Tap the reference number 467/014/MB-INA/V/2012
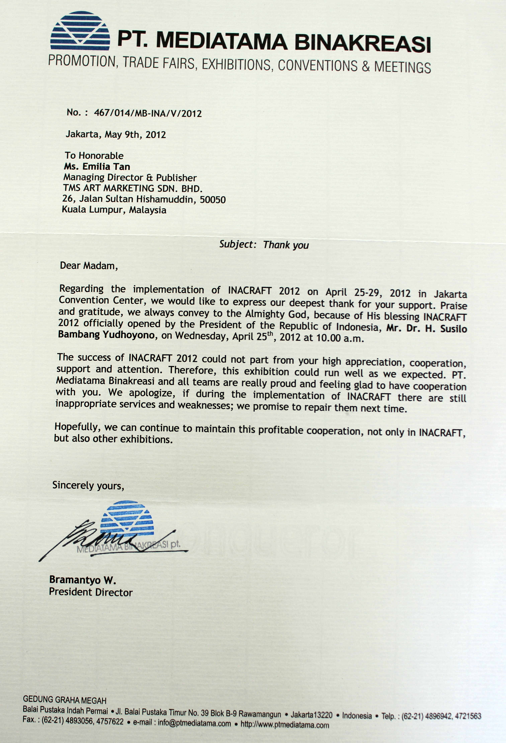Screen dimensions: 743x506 (148, 113)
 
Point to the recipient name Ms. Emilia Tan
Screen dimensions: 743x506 (97, 167)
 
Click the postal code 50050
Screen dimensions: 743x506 (213, 200)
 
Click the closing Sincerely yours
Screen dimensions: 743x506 (88, 485)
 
